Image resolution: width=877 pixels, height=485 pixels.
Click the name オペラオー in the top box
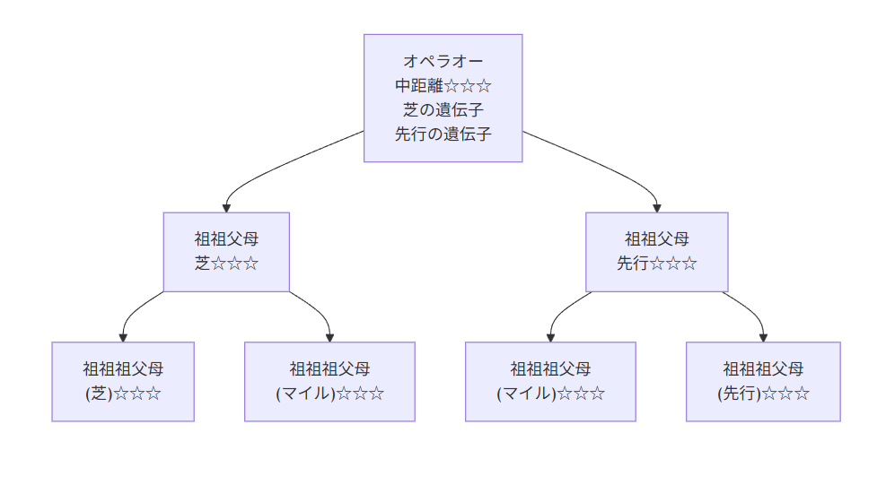tap(443, 62)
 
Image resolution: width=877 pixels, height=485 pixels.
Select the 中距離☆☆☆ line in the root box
tap(443, 86)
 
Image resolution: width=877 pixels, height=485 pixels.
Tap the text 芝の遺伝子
tap(443, 110)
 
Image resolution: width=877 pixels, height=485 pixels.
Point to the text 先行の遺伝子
tap(443, 134)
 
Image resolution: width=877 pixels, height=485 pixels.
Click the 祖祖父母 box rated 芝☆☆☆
tap(226, 252)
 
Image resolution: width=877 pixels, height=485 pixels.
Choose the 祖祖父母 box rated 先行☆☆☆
tap(656, 252)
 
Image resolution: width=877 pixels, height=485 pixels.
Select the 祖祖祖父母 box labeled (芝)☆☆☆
tap(123, 381)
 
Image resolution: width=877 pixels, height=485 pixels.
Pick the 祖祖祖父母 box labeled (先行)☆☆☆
tap(763, 381)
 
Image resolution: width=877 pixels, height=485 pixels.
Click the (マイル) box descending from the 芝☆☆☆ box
tap(329, 381)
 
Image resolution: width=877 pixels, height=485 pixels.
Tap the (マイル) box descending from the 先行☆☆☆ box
tap(550, 381)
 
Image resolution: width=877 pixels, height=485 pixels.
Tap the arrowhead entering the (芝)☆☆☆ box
tap(123, 337)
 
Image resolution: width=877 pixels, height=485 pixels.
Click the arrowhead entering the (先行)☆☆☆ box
tap(763, 337)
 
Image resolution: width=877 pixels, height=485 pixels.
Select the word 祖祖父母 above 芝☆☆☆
tap(226, 239)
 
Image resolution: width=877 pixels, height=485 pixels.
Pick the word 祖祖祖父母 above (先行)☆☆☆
tap(763, 368)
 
